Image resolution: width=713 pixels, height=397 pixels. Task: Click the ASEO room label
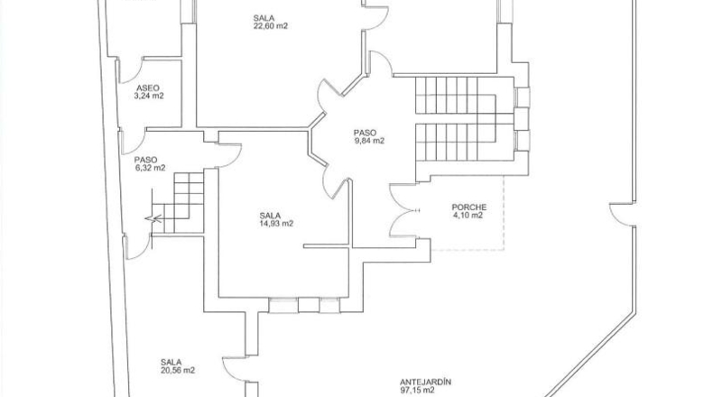tap(148, 88)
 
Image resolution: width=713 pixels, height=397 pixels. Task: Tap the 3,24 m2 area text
tap(149, 96)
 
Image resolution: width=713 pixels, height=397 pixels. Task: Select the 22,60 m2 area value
tap(271, 26)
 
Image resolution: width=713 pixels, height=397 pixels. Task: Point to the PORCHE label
tap(468, 208)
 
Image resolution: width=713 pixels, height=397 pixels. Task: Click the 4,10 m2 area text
tap(468, 216)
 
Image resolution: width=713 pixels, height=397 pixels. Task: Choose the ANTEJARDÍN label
tap(426, 382)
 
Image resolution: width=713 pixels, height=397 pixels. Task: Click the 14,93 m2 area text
tap(276, 223)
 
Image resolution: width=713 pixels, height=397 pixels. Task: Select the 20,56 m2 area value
tap(177, 370)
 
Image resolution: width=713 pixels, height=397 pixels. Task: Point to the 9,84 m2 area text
tap(369, 141)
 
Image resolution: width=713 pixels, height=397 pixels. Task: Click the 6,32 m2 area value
tap(150, 168)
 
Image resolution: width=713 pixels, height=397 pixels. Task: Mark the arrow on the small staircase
tap(153, 218)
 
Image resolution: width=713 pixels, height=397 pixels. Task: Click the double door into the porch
tap(403, 210)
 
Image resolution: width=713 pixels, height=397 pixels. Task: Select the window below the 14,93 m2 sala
tap(304, 305)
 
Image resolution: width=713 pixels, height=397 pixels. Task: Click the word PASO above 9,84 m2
tap(366, 133)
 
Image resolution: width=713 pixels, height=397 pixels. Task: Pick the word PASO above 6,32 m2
tap(146, 160)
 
